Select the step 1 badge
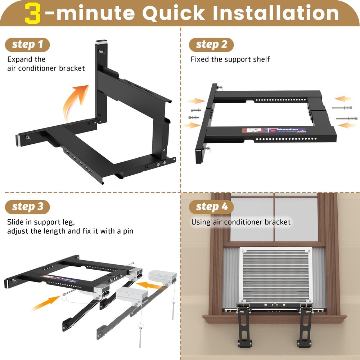pyautogui.click(x=27, y=45)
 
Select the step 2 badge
pyautogui.click(x=211, y=45)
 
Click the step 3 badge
pyautogui.click(x=27, y=207)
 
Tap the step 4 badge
pyautogui.click(x=211, y=207)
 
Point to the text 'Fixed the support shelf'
pyautogui.click(x=230, y=59)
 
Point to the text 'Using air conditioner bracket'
pyautogui.click(x=240, y=222)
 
